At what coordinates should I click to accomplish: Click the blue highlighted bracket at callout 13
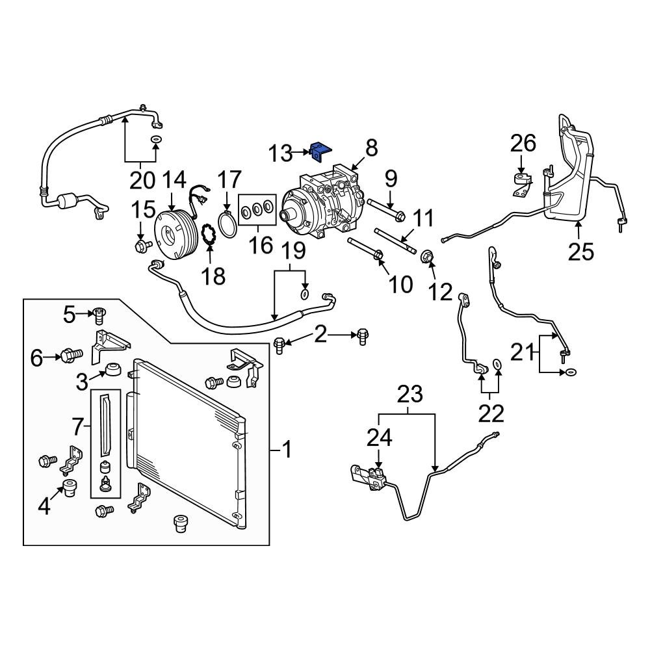pos(320,152)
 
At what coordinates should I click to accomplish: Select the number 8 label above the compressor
pos(370,148)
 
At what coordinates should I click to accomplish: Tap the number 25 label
pos(580,251)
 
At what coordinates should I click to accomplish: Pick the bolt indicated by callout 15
pos(141,245)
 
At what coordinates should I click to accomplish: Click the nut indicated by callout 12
pos(428,258)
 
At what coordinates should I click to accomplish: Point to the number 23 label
pos(409,394)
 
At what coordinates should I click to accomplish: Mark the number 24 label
pos(380,437)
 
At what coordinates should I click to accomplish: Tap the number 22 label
pos(491,412)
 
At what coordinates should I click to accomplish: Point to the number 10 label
pos(400,283)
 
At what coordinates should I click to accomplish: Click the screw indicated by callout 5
pos(99,316)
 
